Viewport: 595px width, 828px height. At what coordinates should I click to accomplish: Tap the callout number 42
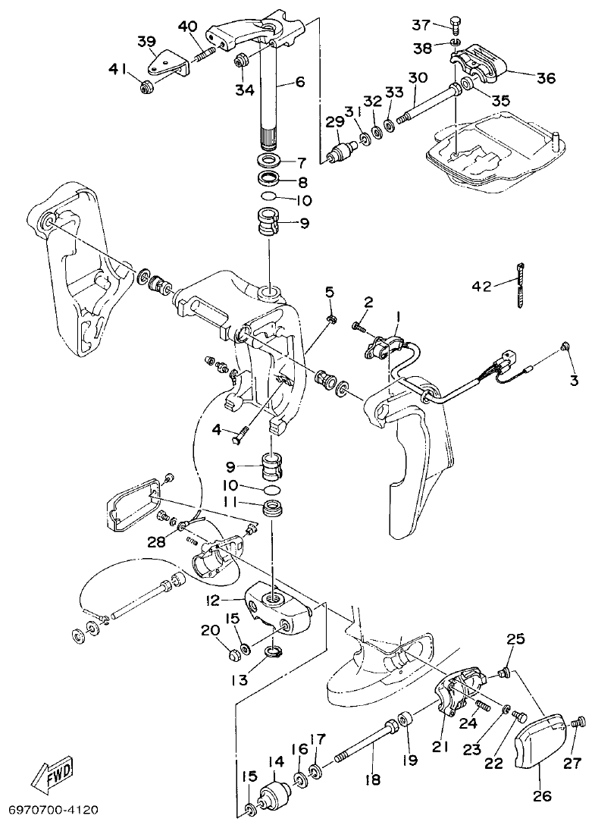[x=481, y=286]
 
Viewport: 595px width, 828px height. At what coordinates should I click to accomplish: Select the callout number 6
[x=300, y=82]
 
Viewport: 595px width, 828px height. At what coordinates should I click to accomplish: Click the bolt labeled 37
[x=455, y=24]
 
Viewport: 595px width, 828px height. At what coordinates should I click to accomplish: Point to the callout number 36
[x=546, y=77]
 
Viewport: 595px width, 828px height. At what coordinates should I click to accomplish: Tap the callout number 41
[x=118, y=71]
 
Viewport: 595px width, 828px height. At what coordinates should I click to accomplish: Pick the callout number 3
[x=574, y=380]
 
